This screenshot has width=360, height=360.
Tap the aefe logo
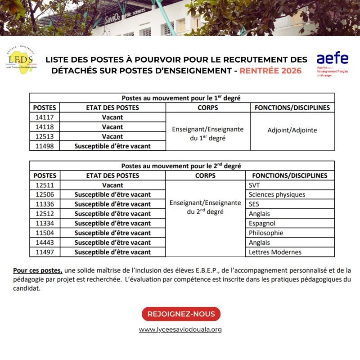pos(332,63)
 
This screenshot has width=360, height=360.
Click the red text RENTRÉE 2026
pos(270,71)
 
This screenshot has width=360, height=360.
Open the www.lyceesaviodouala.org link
pos(180,329)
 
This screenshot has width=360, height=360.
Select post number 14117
pos(45,117)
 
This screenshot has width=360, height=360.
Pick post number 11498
pos(45,146)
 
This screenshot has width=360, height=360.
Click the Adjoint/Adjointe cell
pos(292,130)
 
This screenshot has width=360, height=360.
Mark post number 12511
pos(45,185)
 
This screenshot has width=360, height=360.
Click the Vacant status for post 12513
pos(112,136)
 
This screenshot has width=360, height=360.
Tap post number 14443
pos(45,243)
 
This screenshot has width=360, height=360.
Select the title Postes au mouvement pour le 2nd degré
pos(182,166)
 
